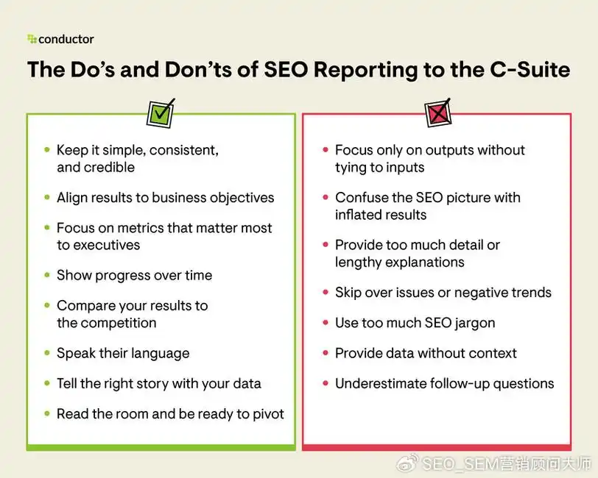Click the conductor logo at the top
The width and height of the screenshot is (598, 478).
pos(60,39)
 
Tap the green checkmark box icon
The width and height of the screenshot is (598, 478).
pos(161,113)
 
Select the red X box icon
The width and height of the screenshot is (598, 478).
pos(437,113)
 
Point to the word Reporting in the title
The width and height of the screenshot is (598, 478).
pos(365,71)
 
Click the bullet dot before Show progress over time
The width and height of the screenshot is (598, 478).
pos(47,275)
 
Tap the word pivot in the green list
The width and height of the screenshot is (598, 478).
pos(269,414)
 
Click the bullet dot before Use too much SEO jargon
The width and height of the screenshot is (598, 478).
pos(326,323)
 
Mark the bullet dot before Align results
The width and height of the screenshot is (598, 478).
pos(47,197)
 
